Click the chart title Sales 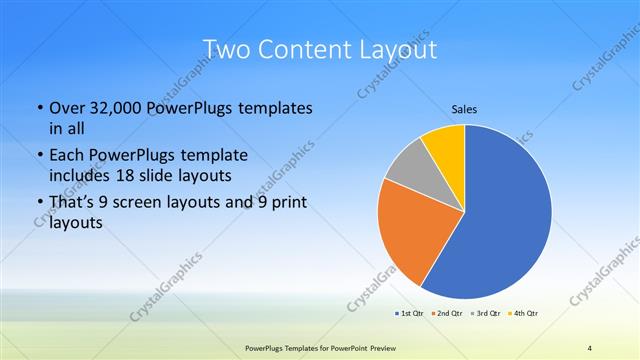coord(463,108)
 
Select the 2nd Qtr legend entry coord(446,314)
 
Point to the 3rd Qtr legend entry coord(485,314)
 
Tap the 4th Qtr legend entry coord(524,314)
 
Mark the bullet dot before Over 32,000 coord(39,107)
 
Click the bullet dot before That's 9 coord(39,204)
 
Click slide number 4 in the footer coord(589,348)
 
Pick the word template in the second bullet coord(216,156)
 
